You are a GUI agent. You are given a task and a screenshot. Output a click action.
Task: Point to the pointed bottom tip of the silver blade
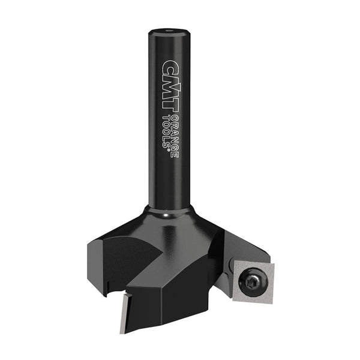pos(121,332)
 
